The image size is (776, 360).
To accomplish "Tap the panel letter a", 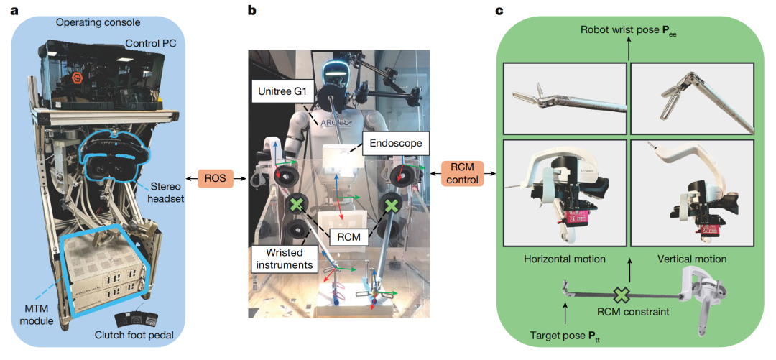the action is pos(14,10).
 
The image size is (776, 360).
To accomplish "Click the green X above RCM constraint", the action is pos(620,295).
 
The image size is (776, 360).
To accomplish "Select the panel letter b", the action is pos(252,9).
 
